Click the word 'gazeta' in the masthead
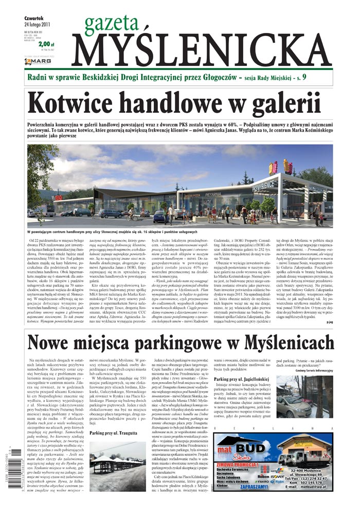109,23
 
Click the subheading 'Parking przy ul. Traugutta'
117,433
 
